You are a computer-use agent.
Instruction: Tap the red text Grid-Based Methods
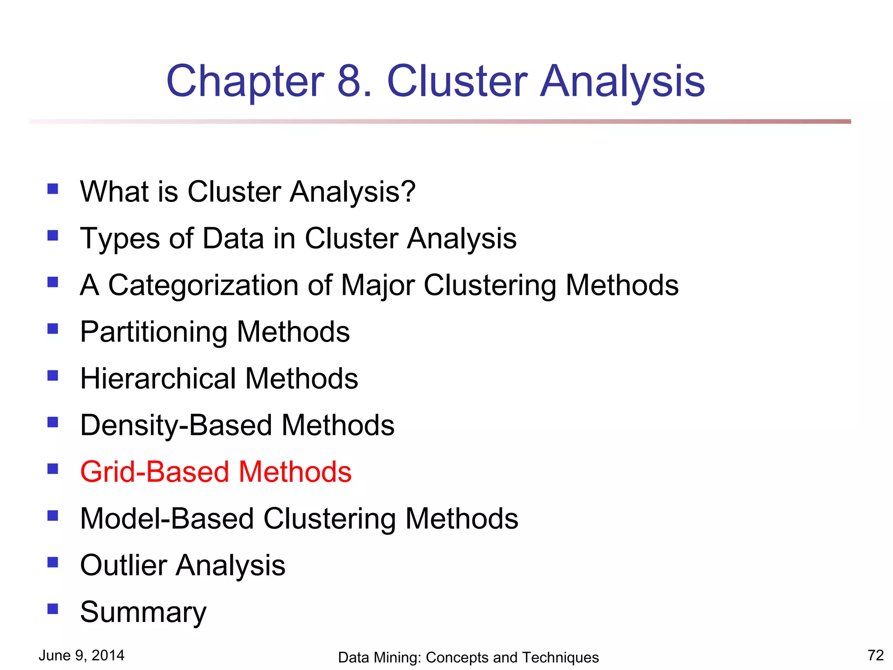coord(216,472)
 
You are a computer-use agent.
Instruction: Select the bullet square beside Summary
coord(53,608)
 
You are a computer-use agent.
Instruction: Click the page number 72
coord(876,655)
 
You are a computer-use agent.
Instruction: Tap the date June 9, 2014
coord(82,655)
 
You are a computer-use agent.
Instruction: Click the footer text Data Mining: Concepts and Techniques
coord(468,657)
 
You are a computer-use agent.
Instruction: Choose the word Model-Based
coord(167,519)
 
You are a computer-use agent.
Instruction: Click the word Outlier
coord(123,565)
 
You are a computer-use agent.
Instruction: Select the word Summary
coord(143,612)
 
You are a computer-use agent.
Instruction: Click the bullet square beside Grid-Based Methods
coord(53,468)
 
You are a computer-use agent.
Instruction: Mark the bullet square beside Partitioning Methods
coord(53,328)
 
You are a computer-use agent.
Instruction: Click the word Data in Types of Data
coord(233,239)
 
